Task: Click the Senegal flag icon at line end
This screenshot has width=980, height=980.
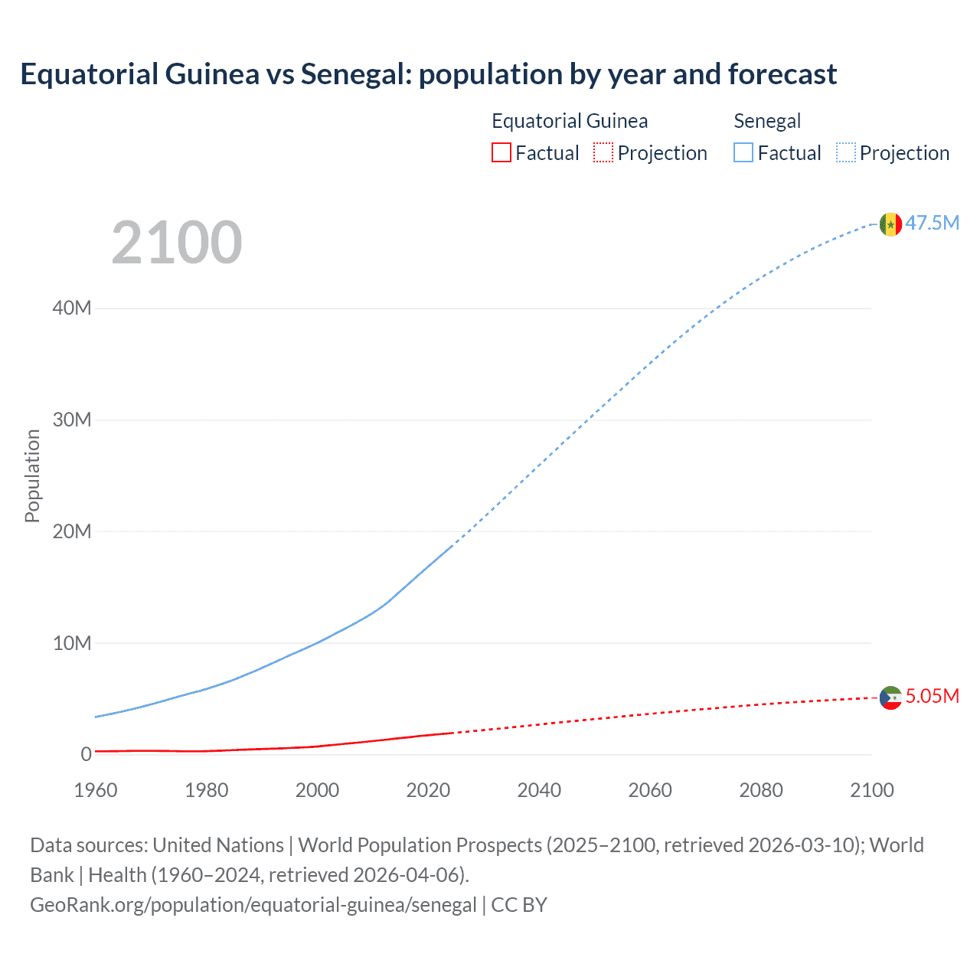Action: coord(890,224)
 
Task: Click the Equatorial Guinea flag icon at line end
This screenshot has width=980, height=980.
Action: coord(890,697)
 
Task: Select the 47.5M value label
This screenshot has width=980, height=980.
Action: coord(933,223)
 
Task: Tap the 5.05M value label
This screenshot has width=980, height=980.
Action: coord(933,696)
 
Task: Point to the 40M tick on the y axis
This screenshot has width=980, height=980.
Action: coord(72,308)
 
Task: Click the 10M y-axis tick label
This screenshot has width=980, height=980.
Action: coord(72,643)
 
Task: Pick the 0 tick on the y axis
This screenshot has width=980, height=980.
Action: coord(86,754)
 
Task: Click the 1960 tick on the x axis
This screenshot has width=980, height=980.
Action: coord(96,790)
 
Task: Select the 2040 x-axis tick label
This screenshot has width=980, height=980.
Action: coord(539,790)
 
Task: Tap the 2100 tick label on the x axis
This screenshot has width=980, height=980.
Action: coord(871,790)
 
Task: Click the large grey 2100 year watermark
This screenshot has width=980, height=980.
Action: coord(177,243)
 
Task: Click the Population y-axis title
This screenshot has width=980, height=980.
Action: coord(32,475)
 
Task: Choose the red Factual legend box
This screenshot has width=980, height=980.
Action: coord(501,152)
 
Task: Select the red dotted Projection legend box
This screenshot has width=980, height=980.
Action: coord(603,152)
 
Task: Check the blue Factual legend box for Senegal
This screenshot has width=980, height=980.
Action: coord(743,152)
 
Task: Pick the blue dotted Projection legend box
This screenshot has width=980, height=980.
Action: coord(845,152)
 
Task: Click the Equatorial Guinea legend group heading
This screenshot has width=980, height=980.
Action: coord(570,121)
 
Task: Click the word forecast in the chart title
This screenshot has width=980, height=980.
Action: coord(782,74)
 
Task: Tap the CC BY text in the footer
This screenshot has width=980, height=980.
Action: coord(519,905)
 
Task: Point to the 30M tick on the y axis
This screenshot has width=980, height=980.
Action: coord(72,420)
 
